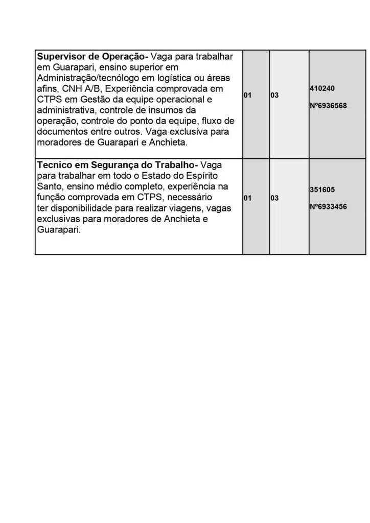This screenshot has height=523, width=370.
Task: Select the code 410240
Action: [322, 88]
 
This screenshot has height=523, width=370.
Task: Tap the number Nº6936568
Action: [328, 106]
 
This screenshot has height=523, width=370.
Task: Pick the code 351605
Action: [322, 189]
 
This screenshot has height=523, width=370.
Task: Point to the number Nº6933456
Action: [328, 207]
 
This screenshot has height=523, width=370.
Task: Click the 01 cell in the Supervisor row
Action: [248, 96]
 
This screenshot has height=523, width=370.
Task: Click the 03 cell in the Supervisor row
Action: [274, 96]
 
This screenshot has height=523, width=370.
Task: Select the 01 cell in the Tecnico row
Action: [248, 198]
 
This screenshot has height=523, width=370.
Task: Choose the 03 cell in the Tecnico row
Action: [274, 198]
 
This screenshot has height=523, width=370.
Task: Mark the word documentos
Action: [62, 132]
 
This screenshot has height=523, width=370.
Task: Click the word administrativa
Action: [66, 110]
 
